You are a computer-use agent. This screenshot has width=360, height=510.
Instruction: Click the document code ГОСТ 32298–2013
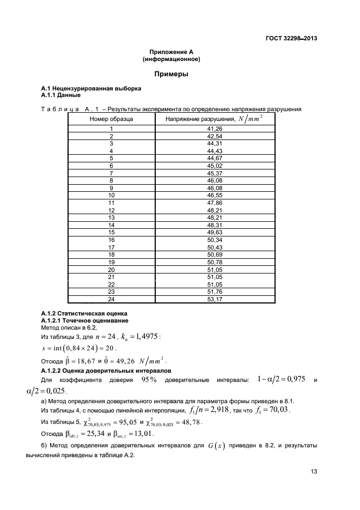292,39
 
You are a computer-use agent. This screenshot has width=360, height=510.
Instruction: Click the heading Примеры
172,74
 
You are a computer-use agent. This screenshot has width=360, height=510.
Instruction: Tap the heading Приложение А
172,52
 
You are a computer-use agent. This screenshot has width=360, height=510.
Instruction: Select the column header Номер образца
111,118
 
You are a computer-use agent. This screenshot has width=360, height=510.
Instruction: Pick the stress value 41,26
215,129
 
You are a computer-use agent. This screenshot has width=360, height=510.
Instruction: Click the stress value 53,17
215,299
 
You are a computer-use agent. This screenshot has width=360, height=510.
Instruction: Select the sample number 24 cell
112,299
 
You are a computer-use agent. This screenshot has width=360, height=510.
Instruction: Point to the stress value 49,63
215,232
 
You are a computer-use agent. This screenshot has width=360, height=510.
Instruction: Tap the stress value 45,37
215,173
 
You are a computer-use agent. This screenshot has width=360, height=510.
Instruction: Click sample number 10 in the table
112,195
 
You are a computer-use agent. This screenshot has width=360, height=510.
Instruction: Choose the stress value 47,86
215,202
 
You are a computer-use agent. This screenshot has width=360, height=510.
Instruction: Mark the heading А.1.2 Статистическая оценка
84,313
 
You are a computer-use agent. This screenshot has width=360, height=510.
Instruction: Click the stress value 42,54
215,136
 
